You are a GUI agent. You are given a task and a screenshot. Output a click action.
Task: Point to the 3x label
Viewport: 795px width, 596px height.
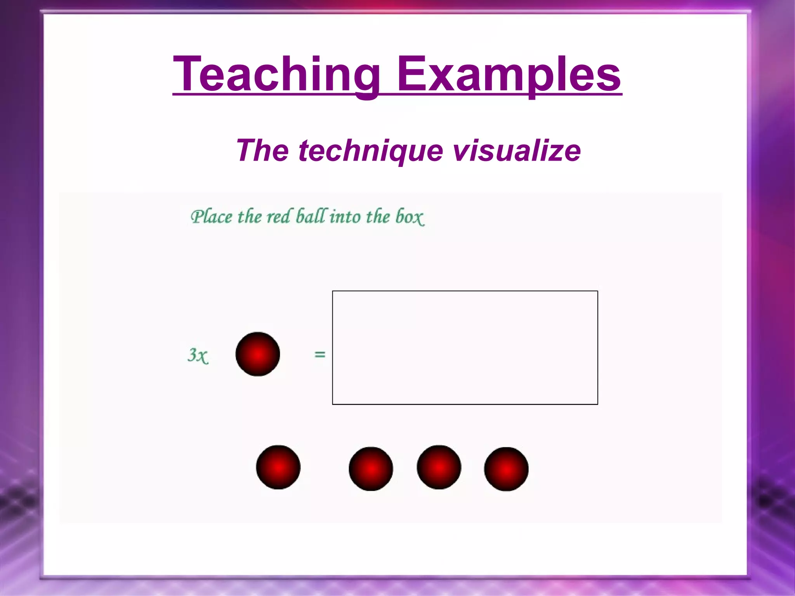pos(198,355)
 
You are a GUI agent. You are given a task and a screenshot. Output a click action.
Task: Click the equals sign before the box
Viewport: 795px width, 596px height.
pos(319,354)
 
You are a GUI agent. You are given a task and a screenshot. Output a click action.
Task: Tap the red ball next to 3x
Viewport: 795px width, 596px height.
pos(258,354)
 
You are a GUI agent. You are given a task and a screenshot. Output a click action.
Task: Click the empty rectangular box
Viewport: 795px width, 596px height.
pos(465,347)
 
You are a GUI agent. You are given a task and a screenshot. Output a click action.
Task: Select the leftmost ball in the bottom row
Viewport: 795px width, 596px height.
pos(278,467)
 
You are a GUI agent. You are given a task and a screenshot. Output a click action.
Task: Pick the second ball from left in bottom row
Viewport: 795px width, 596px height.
pos(371,469)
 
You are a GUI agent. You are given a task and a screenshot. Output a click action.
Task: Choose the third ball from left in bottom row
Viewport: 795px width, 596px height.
pos(439,467)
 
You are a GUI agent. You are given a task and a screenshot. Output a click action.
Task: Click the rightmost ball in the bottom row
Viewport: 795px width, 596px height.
pos(506,469)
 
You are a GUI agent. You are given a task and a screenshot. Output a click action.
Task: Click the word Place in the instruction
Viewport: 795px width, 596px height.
pos(211,217)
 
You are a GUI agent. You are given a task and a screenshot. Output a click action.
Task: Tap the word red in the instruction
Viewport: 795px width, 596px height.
pos(278,217)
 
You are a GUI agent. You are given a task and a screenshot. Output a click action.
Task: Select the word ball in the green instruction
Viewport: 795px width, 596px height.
pos(310,216)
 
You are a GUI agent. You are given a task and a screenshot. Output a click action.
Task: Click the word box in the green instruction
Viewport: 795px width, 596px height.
pos(410,217)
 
